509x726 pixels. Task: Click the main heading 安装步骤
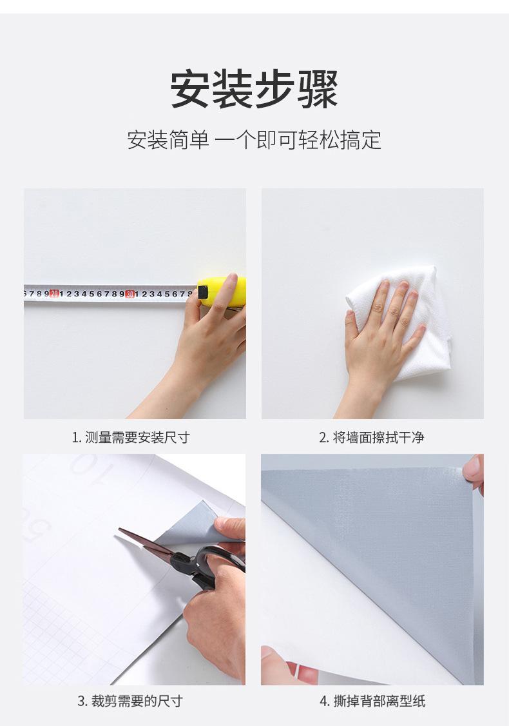[x=254, y=89]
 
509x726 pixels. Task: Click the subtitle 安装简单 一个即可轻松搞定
[x=254, y=139]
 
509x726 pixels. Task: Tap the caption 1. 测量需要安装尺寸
[x=131, y=438]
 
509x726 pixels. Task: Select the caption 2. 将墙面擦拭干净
[x=372, y=438]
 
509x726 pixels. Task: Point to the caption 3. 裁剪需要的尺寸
[x=131, y=701]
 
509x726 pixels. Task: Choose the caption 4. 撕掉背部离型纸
[x=372, y=701]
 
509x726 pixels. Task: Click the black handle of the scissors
[x=216, y=561]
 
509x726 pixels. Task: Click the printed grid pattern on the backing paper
[x=58, y=638]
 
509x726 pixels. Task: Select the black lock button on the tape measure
[x=204, y=292]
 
